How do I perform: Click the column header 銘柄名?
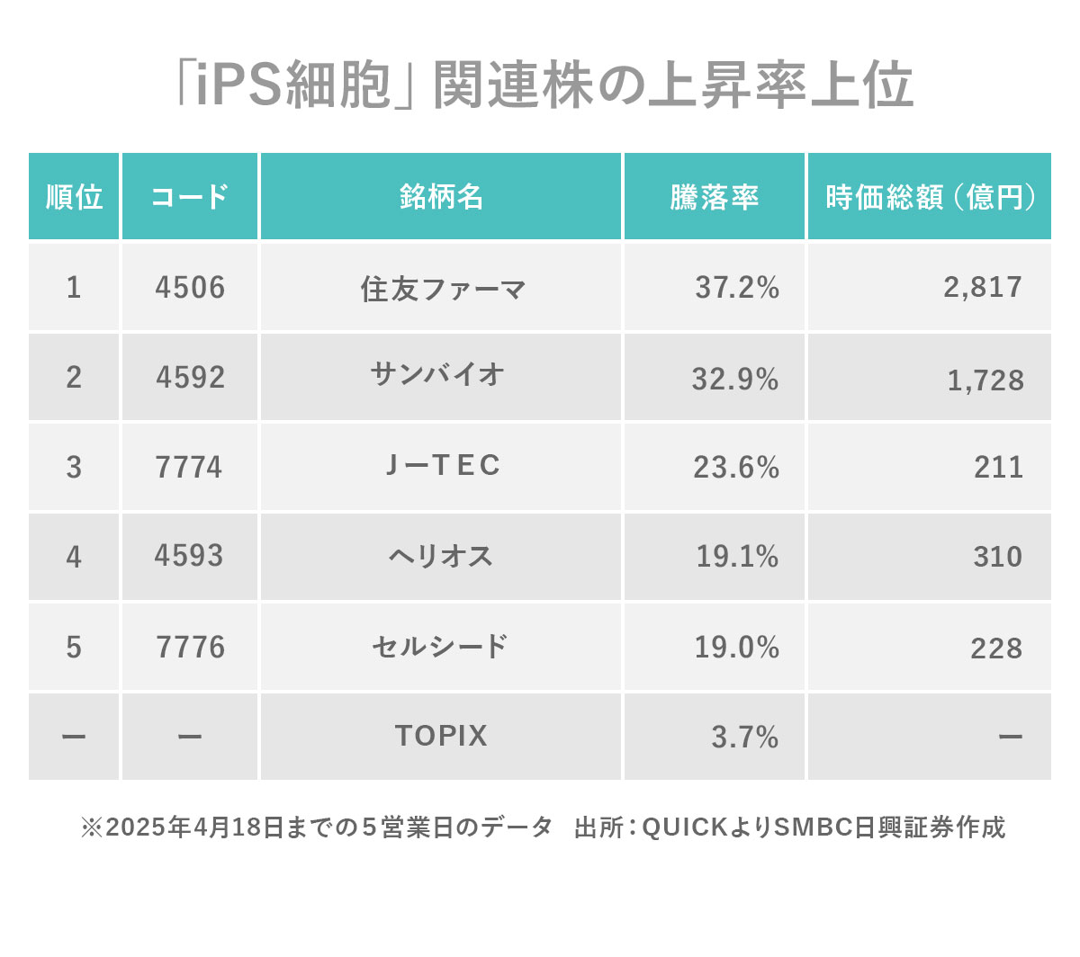pos(441,197)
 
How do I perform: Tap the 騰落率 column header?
pos(714,197)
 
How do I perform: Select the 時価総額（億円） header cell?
pos(930,197)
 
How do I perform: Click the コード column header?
pos(190,197)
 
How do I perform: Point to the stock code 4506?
pos(190,288)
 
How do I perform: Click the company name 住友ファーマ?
pos(442,289)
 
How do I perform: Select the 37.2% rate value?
pos(736,288)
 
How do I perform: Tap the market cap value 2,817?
pos(983,287)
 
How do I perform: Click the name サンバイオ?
pos(438,374)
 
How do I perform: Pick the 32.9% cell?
pos(734,379)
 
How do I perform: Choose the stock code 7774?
pos(189,468)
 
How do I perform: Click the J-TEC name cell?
pos(442,466)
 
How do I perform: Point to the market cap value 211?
pos(998,468)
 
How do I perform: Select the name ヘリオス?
pos(441,557)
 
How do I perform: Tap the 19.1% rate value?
pos(736,557)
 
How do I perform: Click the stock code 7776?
pos(190,648)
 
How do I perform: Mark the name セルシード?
pos(440,647)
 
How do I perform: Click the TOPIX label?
pos(441,736)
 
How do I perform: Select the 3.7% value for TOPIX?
pos(744,738)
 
